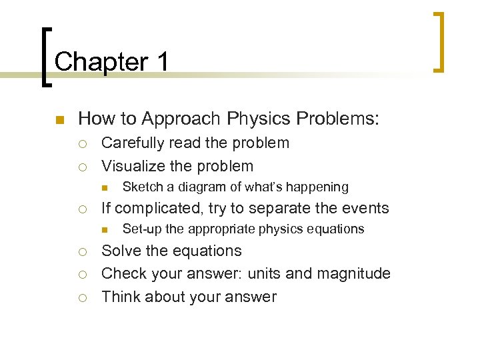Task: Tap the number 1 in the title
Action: coord(163,62)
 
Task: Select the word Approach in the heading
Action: coord(183,119)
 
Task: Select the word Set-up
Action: coord(143,229)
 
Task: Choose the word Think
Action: coord(121,297)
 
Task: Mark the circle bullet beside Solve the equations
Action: coord(83,252)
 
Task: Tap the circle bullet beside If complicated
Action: coord(83,209)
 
